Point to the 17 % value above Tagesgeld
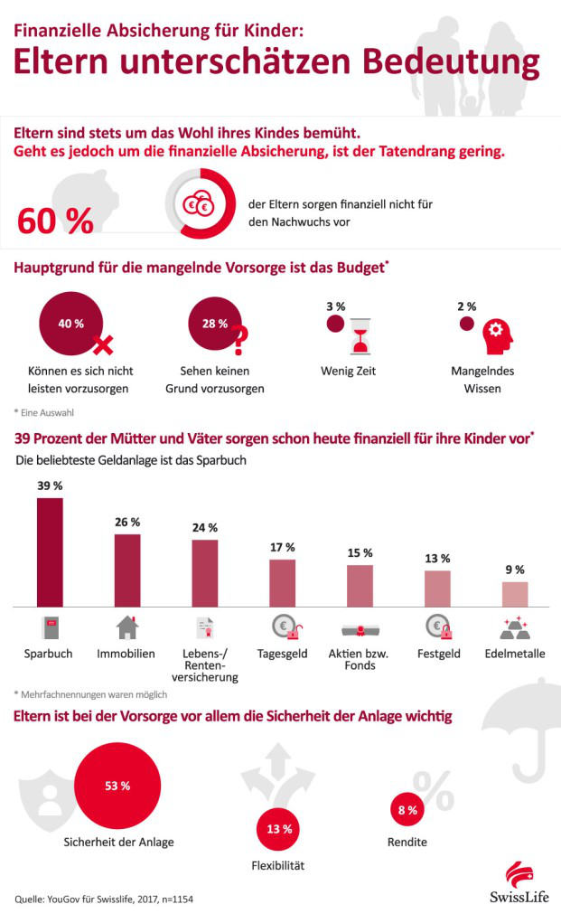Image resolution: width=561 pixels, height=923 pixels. click(283, 547)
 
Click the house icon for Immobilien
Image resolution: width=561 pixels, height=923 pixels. click(126, 627)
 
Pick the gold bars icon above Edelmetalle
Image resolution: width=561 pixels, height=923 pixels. click(514, 628)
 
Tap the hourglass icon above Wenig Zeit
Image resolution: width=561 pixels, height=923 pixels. click(360, 339)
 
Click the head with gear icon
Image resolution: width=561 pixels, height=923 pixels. click(495, 337)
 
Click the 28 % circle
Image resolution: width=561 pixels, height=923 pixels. click(214, 324)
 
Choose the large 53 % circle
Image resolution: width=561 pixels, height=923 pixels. click(118, 786)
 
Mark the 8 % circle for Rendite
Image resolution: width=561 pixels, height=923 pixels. click(407, 810)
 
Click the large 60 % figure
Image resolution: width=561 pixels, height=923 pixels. click(56, 221)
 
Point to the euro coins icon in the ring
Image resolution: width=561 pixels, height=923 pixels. click(197, 205)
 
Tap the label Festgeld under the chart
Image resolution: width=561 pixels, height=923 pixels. click(438, 653)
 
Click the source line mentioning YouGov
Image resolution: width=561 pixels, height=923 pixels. click(104, 899)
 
